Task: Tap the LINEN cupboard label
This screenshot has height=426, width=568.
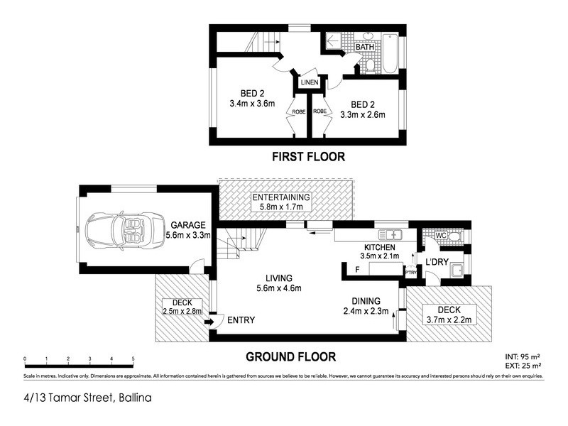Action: click(x=310, y=83)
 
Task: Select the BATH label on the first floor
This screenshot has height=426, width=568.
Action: click(x=366, y=47)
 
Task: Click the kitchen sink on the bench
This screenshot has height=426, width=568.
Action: click(x=391, y=234)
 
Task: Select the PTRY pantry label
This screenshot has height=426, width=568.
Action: click(x=410, y=271)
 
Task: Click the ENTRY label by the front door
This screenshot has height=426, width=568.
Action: click(x=241, y=320)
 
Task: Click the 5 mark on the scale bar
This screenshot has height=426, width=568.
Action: click(x=133, y=359)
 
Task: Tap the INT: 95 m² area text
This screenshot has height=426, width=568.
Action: click(x=523, y=356)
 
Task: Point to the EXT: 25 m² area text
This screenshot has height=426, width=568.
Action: click(x=523, y=366)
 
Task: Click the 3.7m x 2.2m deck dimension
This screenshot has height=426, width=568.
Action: click(x=448, y=319)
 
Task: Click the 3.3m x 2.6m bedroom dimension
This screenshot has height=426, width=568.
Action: click(x=363, y=114)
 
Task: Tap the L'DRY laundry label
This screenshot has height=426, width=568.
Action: click(x=435, y=263)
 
